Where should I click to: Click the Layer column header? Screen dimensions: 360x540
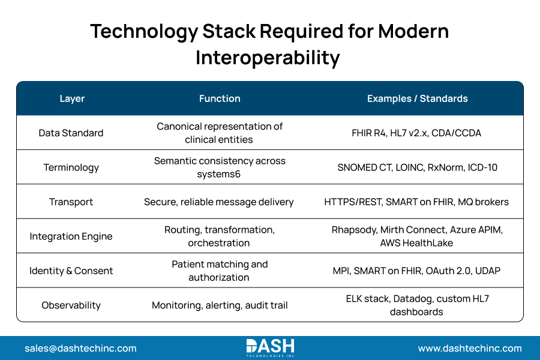(x=72, y=98)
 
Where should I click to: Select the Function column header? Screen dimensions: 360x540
(x=220, y=98)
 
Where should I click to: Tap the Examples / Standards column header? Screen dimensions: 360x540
(x=417, y=98)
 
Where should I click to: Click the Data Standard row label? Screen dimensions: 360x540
(x=71, y=133)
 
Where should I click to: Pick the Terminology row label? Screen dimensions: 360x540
(x=71, y=167)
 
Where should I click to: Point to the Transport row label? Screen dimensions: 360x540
(x=71, y=202)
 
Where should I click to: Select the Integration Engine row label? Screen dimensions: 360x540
(x=71, y=236)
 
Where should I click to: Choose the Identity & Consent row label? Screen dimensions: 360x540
(x=71, y=271)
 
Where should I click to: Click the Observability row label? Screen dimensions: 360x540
(x=71, y=305)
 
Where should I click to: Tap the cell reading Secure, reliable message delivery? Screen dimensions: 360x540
(x=219, y=202)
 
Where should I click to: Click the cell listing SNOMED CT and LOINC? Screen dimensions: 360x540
(x=417, y=167)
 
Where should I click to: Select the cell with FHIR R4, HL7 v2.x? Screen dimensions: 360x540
(x=416, y=133)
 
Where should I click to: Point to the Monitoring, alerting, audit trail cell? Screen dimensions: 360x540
(x=220, y=305)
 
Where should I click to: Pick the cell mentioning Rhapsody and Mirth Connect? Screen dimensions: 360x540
(x=416, y=236)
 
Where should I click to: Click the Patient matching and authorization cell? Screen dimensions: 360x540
(x=220, y=271)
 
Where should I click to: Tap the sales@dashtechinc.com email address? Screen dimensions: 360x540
(x=80, y=348)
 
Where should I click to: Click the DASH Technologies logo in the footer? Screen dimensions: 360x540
(x=270, y=347)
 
